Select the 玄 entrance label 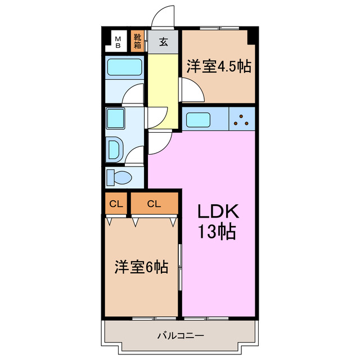coord(163,42)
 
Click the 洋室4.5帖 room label coord(218,66)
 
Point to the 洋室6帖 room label coord(141,267)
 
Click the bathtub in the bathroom coord(125,69)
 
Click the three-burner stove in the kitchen coord(242,119)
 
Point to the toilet coord(119,178)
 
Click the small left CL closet coord(116,204)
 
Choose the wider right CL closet coord(154,204)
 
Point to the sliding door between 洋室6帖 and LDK coord(180,267)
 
